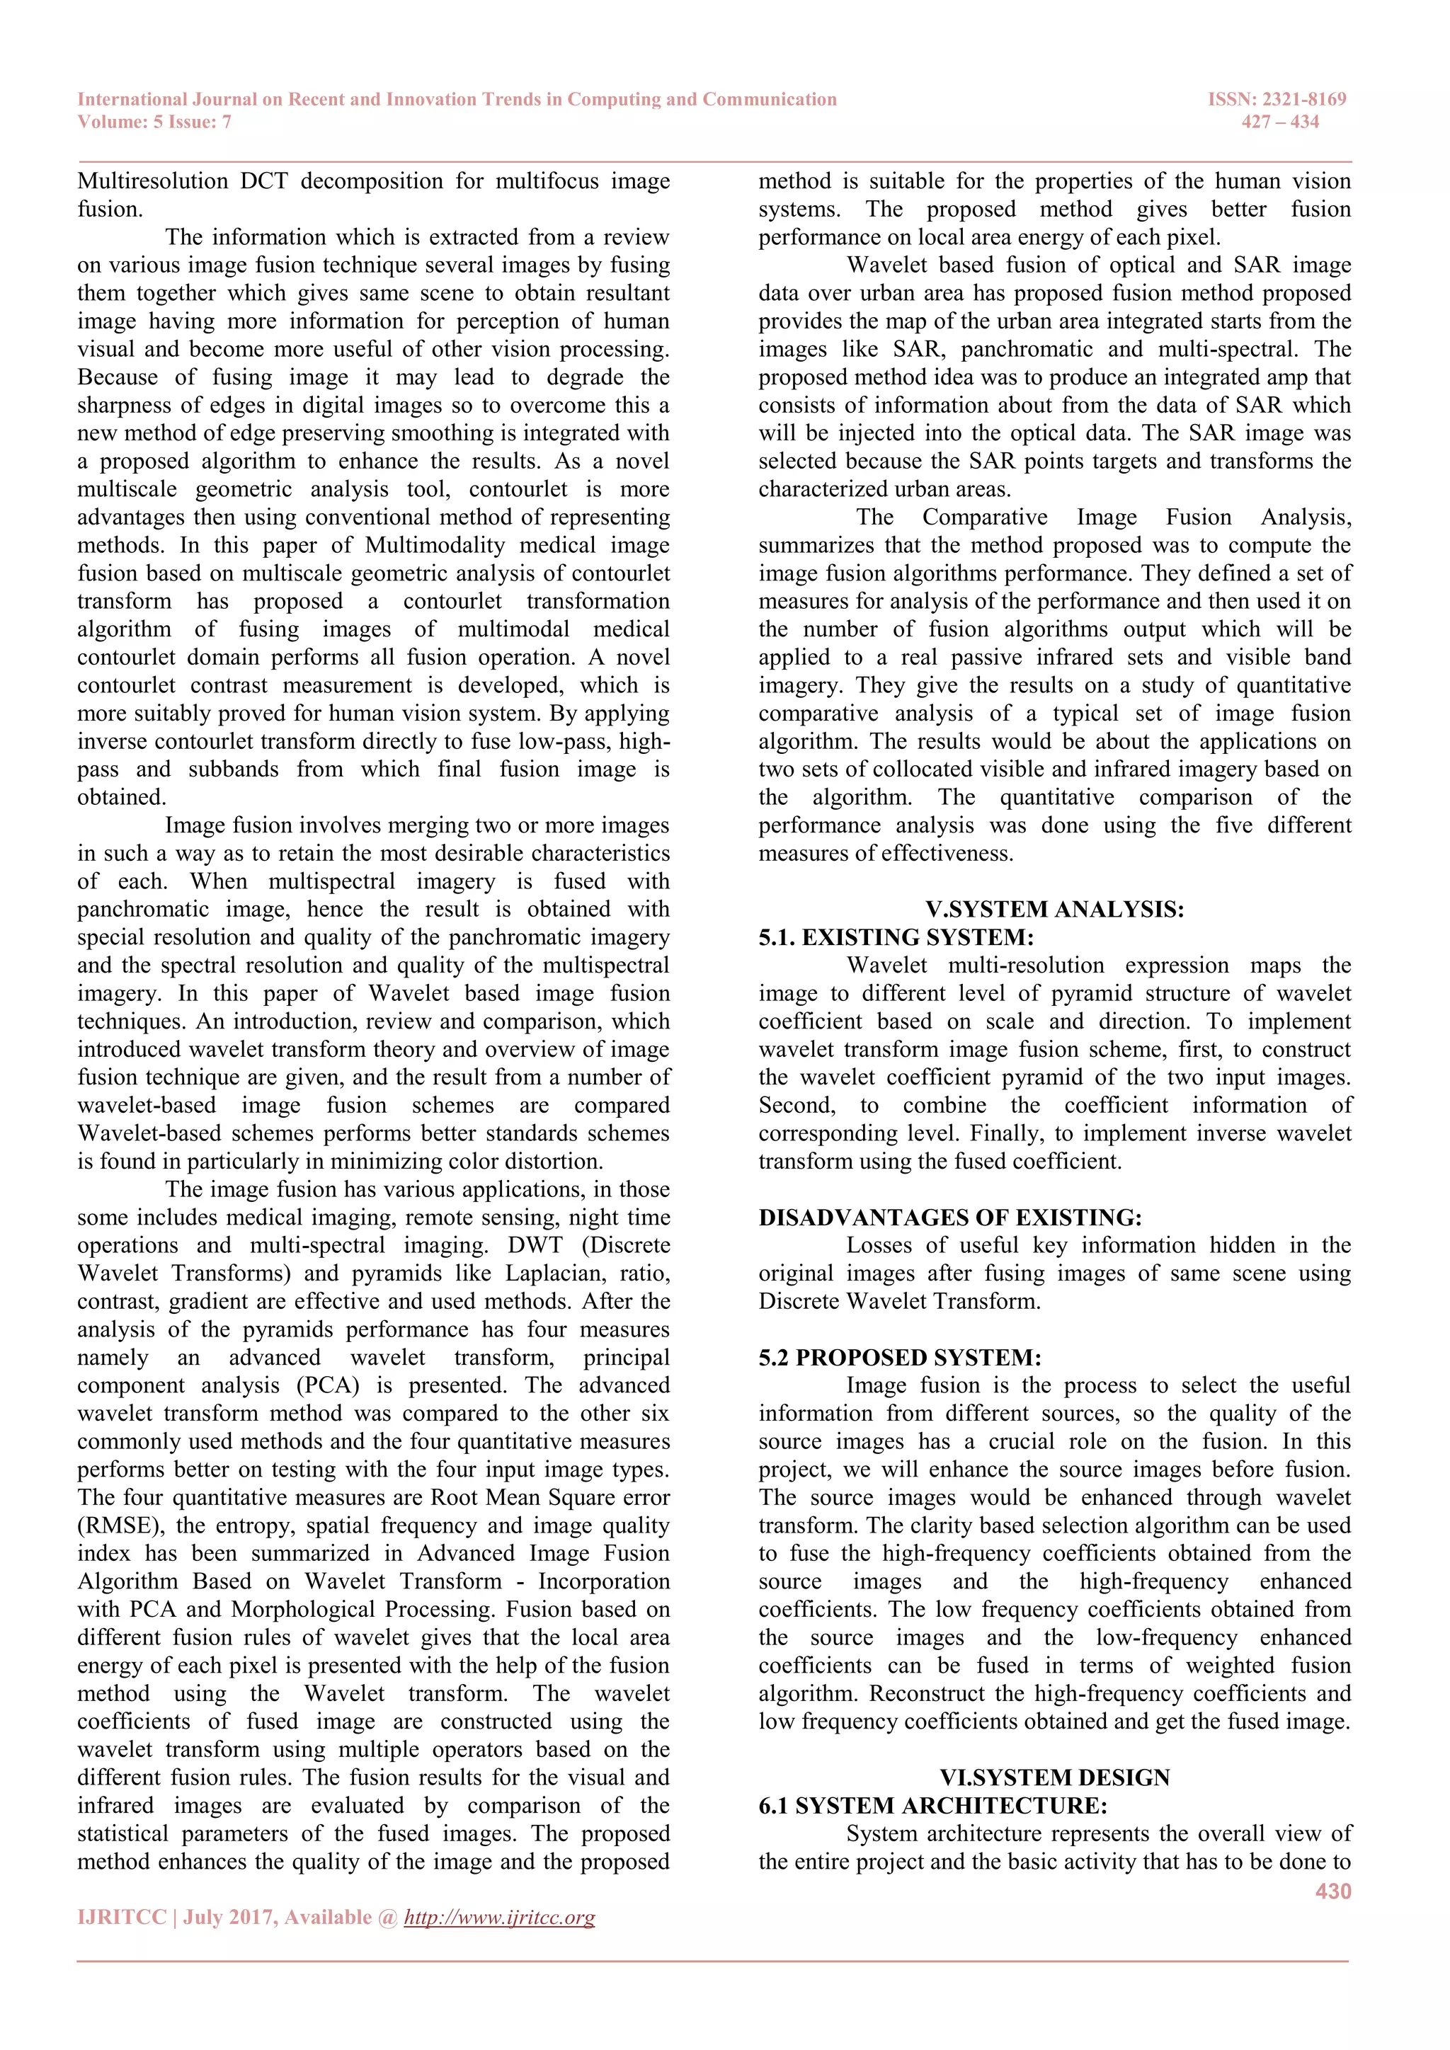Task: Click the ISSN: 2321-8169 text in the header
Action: [1276, 99]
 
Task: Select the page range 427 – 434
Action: [1279, 122]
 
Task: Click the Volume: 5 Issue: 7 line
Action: [154, 122]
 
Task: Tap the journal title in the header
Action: [457, 99]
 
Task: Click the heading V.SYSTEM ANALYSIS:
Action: [1054, 909]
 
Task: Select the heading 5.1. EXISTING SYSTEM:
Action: [896, 937]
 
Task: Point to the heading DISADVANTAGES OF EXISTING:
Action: [950, 1217]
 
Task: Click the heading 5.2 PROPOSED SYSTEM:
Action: [899, 1357]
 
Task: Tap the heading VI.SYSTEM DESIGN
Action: [1054, 1777]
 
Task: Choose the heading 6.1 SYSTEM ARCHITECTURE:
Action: [932, 1805]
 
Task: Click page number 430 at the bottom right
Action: [1333, 1891]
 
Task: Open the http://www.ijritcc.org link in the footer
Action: [499, 1917]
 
